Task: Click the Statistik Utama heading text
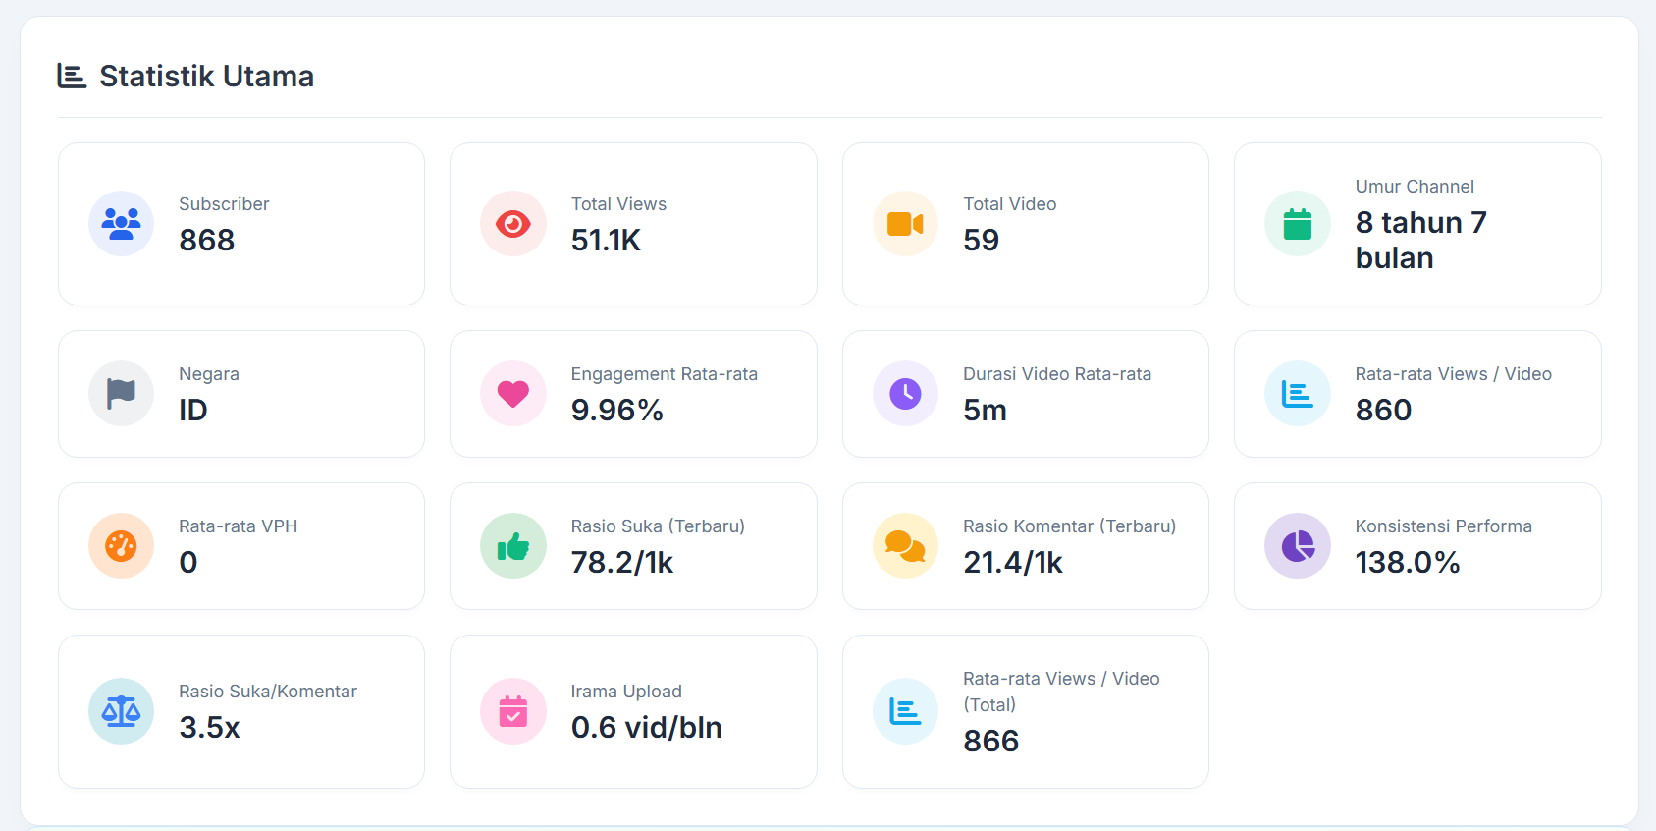[207, 77]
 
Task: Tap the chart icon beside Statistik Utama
[72, 76]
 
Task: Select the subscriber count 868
[206, 240]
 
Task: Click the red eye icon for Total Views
[513, 224]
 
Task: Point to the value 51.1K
[606, 240]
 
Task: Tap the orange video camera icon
[905, 224]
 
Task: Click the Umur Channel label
[1415, 187]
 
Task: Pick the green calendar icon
[1298, 224]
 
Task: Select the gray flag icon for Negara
[122, 393]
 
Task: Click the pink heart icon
[513, 394]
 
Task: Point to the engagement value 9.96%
[616, 410]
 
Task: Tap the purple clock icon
[905, 393]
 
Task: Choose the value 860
[1383, 410]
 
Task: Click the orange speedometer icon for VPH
[122, 546]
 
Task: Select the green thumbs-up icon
[513, 546]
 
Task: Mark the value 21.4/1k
[1012, 563]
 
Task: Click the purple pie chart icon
[1298, 546]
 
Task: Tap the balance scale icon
[122, 711]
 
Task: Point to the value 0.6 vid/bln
[646, 728]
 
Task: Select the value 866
[990, 741]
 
